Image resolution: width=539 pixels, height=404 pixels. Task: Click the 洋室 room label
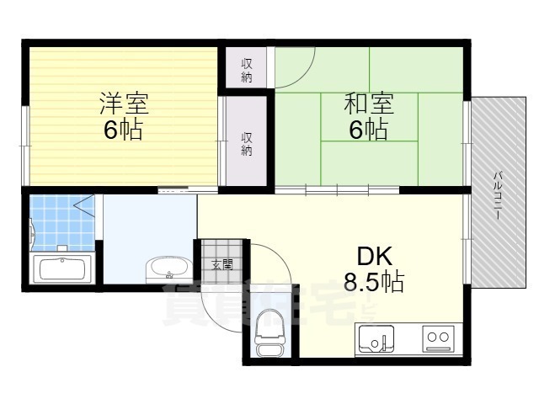[x=125, y=104]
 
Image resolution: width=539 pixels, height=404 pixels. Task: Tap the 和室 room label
[x=369, y=104]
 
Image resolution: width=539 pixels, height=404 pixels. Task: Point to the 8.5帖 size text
[x=373, y=281]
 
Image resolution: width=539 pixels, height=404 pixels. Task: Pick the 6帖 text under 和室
[x=369, y=130]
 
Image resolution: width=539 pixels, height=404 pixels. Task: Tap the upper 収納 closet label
[x=247, y=70]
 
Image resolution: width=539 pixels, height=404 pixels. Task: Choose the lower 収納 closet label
[x=247, y=144]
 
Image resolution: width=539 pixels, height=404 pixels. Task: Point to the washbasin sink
[x=169, y=268]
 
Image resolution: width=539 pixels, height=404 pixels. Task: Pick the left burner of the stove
[x=431, y=338]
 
